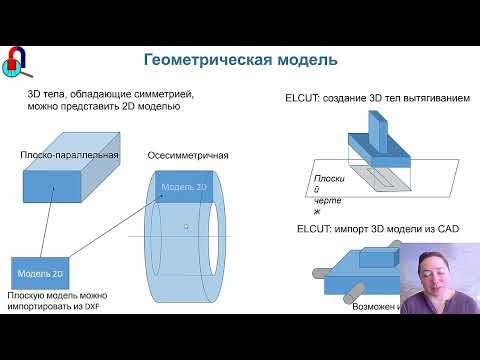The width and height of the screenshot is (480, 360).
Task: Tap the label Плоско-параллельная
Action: point(70,155)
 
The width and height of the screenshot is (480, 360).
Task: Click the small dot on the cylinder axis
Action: point(186,227)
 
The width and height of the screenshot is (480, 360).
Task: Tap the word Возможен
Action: point(372,306)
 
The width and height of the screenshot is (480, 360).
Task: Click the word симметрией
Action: point(162,93)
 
